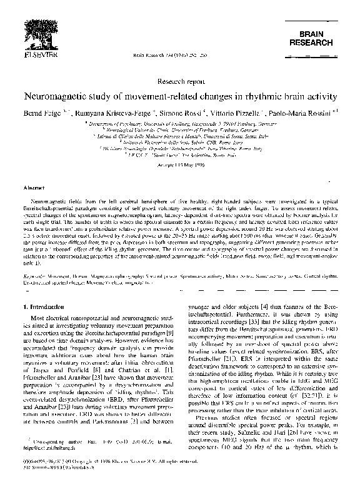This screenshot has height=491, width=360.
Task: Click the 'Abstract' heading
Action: tap(33, 188)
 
